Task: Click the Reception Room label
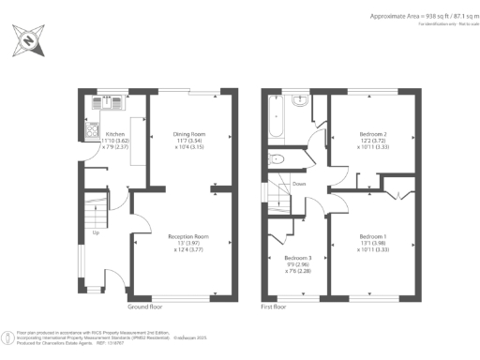[x=187, y=236]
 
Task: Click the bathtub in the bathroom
[x=273, y=117]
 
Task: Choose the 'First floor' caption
[x=277, y=307]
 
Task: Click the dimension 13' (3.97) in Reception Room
[x=187, y=245]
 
